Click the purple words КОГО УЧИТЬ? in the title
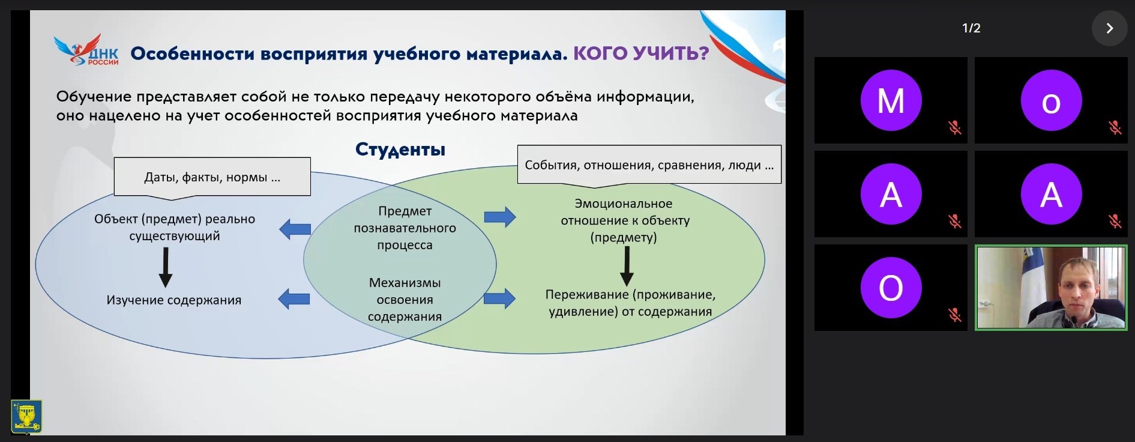point(641,53)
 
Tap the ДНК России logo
point(86,50)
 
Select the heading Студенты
point(400,150)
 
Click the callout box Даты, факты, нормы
point(212,177)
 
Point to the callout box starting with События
point(649,165)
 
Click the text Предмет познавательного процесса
point(405,228)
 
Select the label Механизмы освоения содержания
point(405,299)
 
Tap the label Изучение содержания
point(174,300)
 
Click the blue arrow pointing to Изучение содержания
point(294,298)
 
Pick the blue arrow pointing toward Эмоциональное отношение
point(500,217)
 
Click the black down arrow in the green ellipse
point(627,266)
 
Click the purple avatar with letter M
point(891,100)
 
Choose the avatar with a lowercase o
point(1051,100)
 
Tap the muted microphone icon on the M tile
point(955,127)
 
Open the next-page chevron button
point(1109,28)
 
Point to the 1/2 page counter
point(971,28)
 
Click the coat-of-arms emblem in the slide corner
point(26,416)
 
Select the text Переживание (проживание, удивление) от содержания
point(630,303)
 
